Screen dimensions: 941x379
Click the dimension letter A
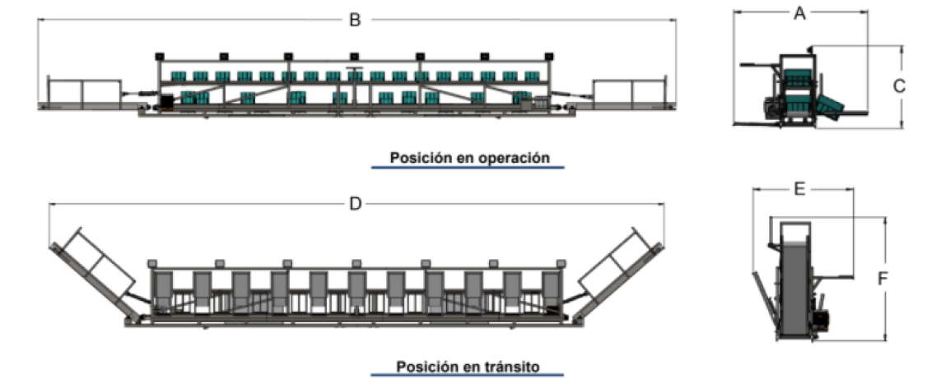(799, 13)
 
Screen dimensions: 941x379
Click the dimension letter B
(356, 20)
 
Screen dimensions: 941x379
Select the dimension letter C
(898, 87)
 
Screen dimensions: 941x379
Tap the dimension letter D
(356, 204)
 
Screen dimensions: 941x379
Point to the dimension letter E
(799, 189)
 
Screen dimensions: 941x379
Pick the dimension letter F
(883, 280)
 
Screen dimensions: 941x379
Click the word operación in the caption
(515, 159)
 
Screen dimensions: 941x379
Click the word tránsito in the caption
(512, 366)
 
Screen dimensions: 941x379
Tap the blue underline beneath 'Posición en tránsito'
(468, 376)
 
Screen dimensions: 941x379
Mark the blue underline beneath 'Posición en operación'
(468, 168)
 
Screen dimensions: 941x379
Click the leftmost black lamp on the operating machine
(160, 56)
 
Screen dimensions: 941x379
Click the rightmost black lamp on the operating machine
(548, 56)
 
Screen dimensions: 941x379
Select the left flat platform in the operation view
(84, 93)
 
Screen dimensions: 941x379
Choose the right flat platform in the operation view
(630, 93)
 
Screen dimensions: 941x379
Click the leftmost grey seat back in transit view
(163, 292)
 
